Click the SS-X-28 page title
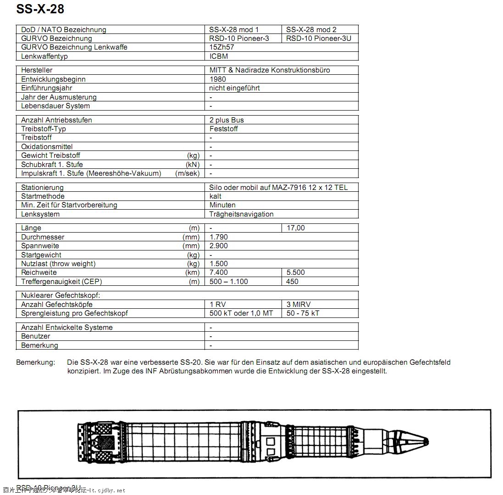click(x=40, y=9)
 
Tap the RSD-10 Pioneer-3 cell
click(x=239, y=39)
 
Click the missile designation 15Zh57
click(x=222, y=47)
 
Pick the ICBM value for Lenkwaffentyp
click(x=219, y=56)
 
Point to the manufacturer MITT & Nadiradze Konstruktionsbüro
click(x=270, y=70)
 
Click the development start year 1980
click(x=218, y=79)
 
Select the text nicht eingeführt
click(x=234, y=88)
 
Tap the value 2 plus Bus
click(x=227, y=120)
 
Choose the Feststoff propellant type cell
click(x=224, y=129)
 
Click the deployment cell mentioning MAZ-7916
click(x=278, y=188)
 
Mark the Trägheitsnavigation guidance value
click(x=241, y=214)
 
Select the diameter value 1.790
click(x=219, y=237)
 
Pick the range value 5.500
click(x=296, y=273)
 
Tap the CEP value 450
click(x=293, y=282)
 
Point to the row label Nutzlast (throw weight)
click(x=58, y=264)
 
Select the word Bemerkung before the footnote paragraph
click(x=35, y=362)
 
